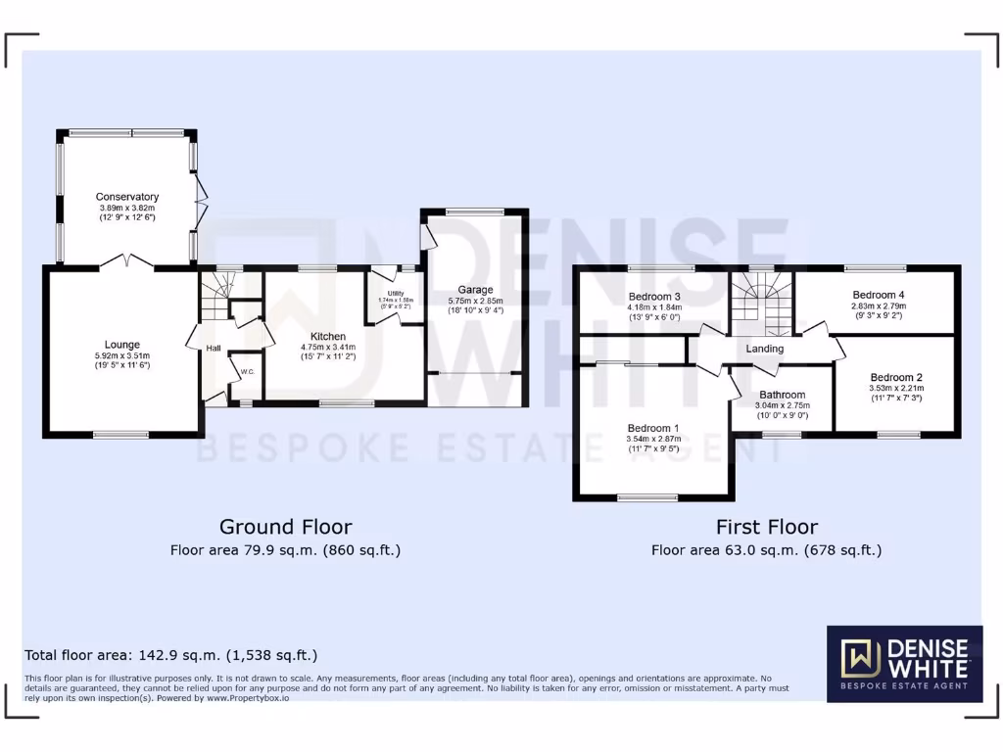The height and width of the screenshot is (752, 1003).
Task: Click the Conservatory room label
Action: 127,197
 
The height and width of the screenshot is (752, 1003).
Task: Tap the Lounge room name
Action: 123,345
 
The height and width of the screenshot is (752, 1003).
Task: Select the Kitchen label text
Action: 328,336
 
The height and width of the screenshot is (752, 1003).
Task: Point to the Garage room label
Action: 475,289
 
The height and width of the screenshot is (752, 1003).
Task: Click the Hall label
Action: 213,348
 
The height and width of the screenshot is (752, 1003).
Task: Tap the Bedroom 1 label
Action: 652,428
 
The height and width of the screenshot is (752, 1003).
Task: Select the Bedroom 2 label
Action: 896,377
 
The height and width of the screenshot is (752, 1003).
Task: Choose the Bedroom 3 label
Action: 654,296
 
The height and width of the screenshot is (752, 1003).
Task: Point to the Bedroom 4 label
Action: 879,295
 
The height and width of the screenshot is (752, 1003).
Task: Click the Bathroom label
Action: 783,395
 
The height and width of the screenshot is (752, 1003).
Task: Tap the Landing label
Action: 764,349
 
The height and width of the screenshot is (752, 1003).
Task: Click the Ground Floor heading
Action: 285,528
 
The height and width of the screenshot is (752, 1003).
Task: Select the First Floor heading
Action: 766,528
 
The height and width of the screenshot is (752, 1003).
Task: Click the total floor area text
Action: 170,655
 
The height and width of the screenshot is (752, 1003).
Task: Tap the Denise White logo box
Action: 904,664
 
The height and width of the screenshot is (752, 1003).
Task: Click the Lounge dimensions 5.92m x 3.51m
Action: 123,355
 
